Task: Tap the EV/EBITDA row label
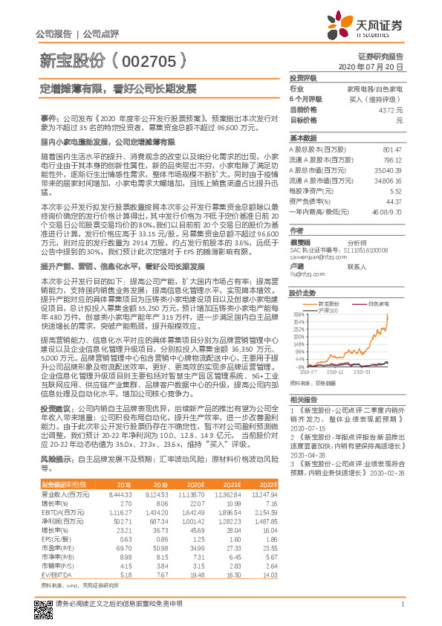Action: click(x=53, y=553)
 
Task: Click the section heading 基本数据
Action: click(x=303, y=138)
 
